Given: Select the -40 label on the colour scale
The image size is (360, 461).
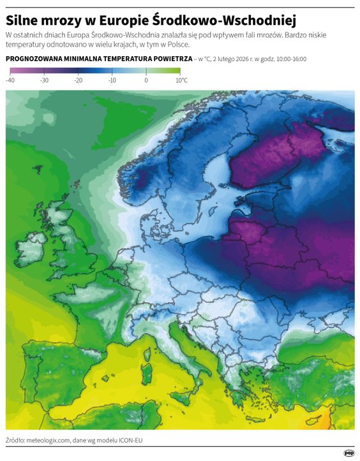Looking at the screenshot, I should [10, 81].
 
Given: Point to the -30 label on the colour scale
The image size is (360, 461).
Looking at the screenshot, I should [44, 81].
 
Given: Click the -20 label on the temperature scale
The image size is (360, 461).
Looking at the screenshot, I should [78, 81].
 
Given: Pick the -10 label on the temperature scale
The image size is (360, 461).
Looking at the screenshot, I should [112, 81].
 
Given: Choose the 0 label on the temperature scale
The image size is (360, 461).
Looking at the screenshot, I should [146, 81].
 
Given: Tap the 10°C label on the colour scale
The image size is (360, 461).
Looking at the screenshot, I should [181, 81].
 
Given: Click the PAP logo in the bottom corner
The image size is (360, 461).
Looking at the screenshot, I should [349, 453].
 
